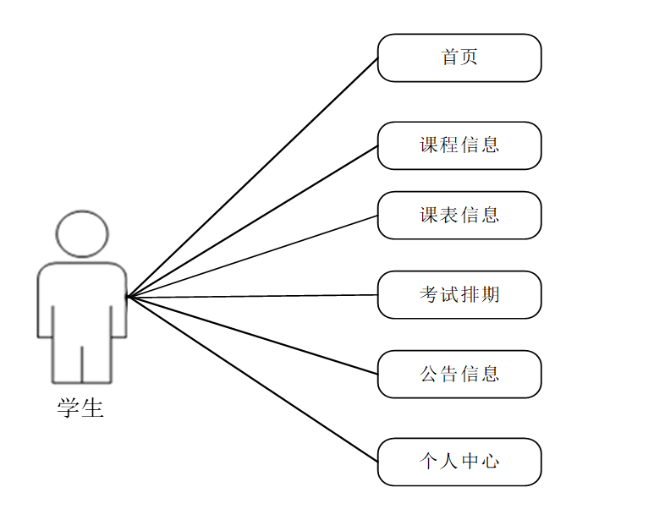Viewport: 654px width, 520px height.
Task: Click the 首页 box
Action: (x=459, y=58)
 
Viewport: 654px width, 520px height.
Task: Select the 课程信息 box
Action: (x=459, y=145)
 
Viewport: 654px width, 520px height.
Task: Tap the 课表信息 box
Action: (x=459, y=216)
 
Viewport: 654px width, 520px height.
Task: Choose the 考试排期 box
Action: (x=459, y=295)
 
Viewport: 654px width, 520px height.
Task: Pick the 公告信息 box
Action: (x=459, y=375)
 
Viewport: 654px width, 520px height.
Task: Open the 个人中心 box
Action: (x=459, y=463)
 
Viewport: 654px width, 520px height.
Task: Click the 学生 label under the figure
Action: (x=80, y=409)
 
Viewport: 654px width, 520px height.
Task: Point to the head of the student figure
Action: (x=82, y=233)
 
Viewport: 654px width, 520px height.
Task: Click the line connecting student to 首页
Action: (x=252, y=178)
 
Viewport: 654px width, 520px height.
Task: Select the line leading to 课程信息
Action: (x=252, y=222)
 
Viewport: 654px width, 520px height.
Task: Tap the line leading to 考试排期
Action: (x=252, y=296)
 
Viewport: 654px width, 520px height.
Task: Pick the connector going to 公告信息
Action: (x=252, y=336)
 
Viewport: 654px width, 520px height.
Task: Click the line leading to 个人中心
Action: (x=252, y=380)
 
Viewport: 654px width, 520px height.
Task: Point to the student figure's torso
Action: (x=82, y=296)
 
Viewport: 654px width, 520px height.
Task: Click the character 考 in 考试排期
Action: (x=429, y=295)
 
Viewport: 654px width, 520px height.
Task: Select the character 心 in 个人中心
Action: (x=491, y=463)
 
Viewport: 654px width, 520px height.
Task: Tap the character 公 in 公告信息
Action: (x=429, y=375)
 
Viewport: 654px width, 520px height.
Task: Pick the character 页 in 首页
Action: (x=470, y=58)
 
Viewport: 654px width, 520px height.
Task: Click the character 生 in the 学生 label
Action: (x=92, y=409)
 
